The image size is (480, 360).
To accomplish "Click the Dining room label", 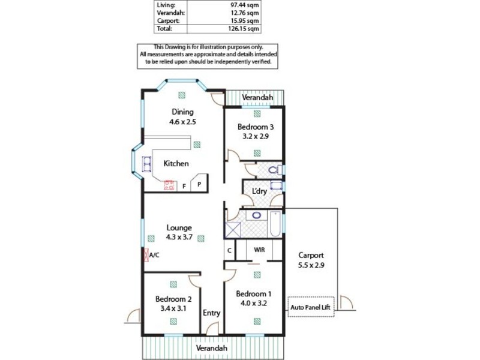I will point(182,112).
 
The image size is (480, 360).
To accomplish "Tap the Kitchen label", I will point(176,163).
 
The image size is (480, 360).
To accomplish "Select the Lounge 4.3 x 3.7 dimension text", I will point(179,238).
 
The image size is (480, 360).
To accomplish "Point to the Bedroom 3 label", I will point(255,127).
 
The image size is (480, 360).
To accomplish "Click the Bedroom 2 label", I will point(173,299).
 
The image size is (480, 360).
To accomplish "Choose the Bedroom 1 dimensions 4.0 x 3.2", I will point(253,304).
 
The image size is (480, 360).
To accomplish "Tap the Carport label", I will point(311,254).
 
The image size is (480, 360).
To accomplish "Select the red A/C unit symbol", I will point(145,255).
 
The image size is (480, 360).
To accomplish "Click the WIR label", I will point(259,250).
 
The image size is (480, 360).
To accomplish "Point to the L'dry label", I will point(259,191).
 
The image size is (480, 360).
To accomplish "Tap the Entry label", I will point(211,313).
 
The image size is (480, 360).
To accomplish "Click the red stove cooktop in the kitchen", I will point(169,185).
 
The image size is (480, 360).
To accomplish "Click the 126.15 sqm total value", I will point(246,28).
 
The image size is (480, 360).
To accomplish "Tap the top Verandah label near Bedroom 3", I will point(257,98).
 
